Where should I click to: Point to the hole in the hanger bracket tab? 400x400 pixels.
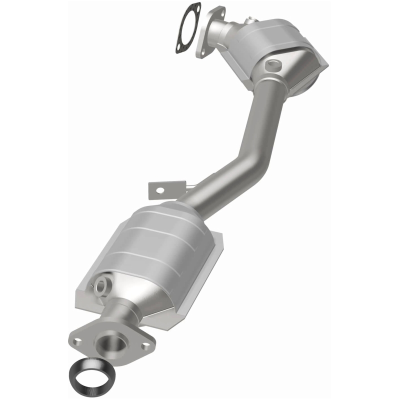[160, 190]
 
